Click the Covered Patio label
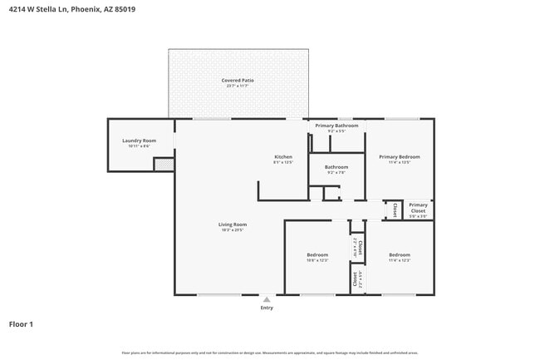238,81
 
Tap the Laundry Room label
139,141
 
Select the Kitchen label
283,156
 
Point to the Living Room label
233,224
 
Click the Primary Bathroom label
336,126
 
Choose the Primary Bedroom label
400,156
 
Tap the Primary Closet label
418,208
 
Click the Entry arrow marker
267,299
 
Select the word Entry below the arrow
267,308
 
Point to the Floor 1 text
21,324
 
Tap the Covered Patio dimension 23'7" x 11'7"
238,86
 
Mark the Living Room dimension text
233,230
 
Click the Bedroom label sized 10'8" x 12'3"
317,254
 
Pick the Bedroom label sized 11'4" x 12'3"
400,254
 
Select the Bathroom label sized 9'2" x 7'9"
336,167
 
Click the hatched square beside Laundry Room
164,165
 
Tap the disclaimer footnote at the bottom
270,353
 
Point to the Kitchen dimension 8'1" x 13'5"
283,162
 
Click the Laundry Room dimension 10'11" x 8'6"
139,146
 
